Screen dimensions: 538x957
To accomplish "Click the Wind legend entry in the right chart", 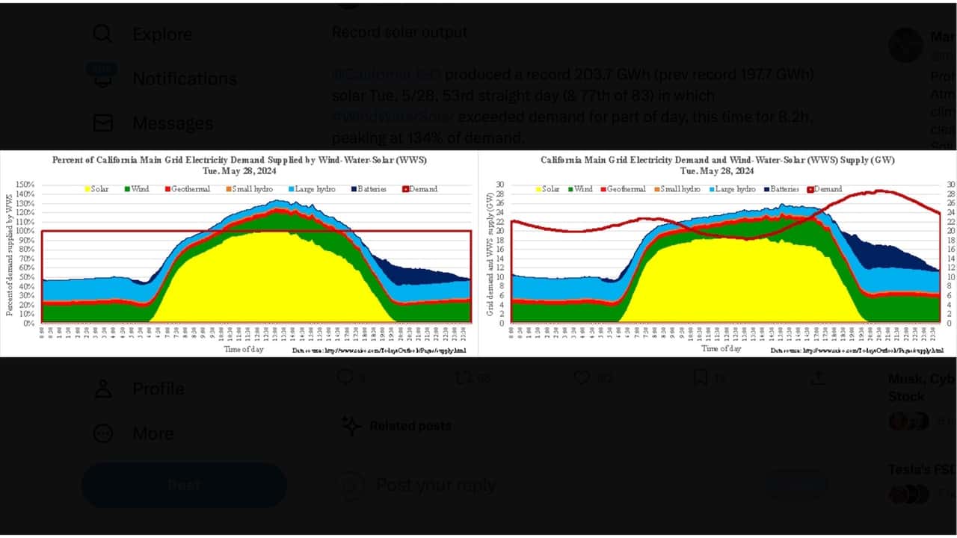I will [585, 189].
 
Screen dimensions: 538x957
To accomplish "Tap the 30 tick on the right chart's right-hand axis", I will [951, 185].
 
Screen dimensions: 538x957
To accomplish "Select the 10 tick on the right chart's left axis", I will [500, 277].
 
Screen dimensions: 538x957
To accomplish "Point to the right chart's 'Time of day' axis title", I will [721, 349].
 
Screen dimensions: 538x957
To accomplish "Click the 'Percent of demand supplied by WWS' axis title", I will [10, 254].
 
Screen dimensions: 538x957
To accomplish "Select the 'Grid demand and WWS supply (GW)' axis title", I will [490, 254].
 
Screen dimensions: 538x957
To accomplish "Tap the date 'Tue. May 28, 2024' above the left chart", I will [239, 171].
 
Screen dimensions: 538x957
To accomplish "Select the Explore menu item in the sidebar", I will [161, 34].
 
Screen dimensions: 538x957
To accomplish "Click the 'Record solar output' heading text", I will [399, 32].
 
